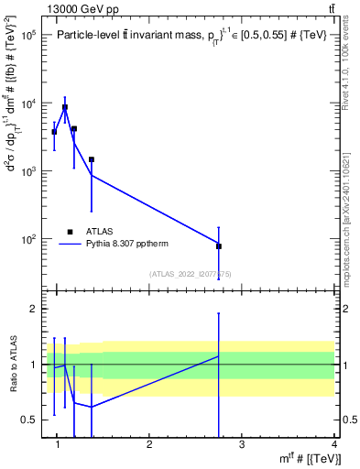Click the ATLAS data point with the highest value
coord(64,107)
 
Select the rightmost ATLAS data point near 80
coord(219,246)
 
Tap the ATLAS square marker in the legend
coord(69,231)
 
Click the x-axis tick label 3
coord(242,445)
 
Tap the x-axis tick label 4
coord(334,445)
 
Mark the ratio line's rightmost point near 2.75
coord(219,355)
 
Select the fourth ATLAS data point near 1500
coord(92,159)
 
